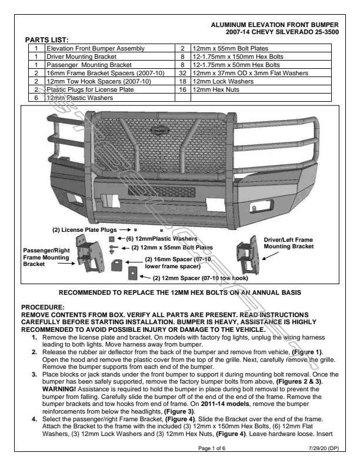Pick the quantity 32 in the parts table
click(x=183, y=73)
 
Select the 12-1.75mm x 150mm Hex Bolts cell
click(x=236, y=56)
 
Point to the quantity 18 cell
click(x=183, y=81)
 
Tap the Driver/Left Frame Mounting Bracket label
click(x=297, y=243)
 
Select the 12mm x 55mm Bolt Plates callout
click(x=172, y=248)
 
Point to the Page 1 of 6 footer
click(x=213, y=449)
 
